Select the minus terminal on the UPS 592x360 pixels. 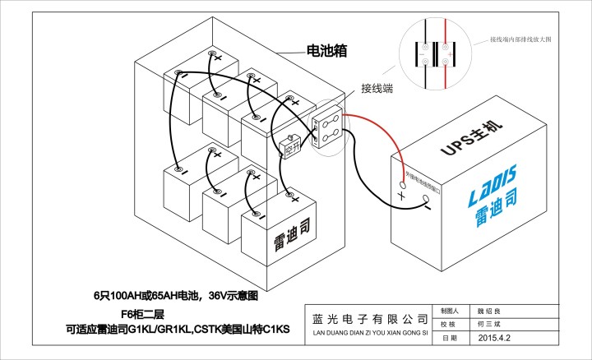point(428,200)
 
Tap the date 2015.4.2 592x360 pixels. point(495,338)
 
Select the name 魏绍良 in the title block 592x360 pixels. point(495,312)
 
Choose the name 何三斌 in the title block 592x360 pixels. point(495,325)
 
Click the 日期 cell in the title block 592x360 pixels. point(448,338)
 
